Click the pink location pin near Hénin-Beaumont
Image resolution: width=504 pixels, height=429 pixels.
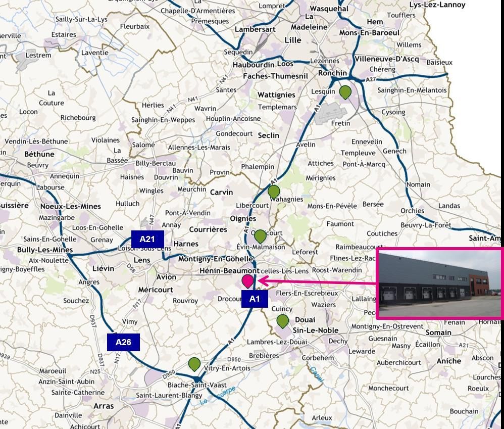247,281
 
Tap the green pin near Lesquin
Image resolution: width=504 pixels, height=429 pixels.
345,92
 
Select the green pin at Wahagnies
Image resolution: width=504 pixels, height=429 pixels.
273,192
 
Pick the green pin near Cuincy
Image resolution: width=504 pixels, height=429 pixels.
282,320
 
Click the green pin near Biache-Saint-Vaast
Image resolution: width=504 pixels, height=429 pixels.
194,363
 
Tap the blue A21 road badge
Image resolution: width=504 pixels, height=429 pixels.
147,239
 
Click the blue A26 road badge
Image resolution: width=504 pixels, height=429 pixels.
123,342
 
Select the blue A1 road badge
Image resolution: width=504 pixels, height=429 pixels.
255,299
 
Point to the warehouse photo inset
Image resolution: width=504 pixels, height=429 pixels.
440,283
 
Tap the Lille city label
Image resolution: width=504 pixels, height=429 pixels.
293,40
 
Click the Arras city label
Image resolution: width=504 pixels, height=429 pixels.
104,406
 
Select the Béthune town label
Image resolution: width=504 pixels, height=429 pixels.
39,154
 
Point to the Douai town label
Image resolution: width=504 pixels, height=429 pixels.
305,319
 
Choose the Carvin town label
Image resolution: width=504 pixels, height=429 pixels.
221,192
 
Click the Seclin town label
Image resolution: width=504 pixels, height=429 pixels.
268,135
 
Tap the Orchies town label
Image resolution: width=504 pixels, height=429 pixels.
413,210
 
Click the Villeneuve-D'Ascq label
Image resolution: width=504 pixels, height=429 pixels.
386,59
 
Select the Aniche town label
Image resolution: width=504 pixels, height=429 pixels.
448,361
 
